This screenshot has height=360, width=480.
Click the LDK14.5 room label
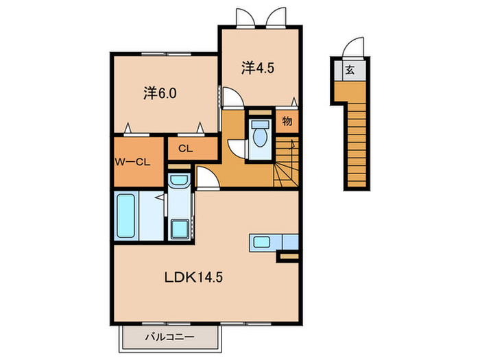(193, 277)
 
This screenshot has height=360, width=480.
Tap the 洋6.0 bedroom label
(160, 93)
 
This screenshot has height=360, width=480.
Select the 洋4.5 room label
(258, 68)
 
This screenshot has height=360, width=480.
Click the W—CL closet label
(132, 162)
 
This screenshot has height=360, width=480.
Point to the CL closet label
(186, 149)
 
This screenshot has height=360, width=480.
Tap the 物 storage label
(287, 121)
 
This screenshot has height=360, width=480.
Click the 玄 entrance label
(350, 70)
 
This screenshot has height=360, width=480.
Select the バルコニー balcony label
(169, 337)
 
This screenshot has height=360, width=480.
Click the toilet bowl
(260, 136)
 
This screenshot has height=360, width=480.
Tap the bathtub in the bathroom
(125, 215)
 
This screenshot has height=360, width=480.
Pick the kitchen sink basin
(261, 242)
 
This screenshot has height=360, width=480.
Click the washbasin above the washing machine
(179, 180)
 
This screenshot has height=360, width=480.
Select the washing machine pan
(180, 229)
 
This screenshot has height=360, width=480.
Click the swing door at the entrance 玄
(354, 48)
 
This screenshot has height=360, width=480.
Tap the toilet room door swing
(237, 149)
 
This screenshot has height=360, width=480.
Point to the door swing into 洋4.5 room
(232, 97)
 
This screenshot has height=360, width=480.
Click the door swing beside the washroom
(207, 178)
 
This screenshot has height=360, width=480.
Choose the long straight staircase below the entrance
(357, 145)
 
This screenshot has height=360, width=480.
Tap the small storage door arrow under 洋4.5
(294, 103)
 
